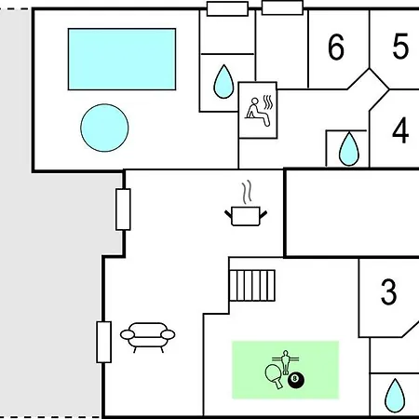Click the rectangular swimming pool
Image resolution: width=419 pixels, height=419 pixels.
pos(122,60)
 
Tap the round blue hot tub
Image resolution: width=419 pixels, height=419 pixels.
pos(104,128)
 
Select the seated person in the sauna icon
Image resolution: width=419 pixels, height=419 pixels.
pos(258,112)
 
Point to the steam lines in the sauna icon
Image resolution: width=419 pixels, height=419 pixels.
pos(268,102)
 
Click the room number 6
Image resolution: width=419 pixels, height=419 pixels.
pos(336,47)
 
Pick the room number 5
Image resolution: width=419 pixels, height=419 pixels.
pos(400,47)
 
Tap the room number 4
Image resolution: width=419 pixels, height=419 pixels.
pos(400,130)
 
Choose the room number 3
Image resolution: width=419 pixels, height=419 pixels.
pos(388,291)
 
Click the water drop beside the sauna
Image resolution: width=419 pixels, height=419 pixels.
pos(223,82)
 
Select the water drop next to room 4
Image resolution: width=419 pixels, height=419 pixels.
pos(349,149)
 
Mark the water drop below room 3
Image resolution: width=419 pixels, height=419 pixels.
pos(395,396)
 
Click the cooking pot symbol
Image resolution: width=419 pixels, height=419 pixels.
pos(246,216)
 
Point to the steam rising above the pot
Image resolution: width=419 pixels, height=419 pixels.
pos(247,192)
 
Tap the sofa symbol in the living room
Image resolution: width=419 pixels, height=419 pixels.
pos(148,337)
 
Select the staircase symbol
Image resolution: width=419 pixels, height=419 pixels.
pos(252,286)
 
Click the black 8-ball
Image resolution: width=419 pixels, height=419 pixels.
pos(296,380)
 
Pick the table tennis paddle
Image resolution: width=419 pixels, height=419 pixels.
pos(274,376)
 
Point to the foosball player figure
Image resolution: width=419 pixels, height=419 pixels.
pos(285,361)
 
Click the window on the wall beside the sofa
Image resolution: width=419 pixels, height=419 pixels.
pos(103,342)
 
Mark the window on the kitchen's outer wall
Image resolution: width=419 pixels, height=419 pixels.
pos(123,209)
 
